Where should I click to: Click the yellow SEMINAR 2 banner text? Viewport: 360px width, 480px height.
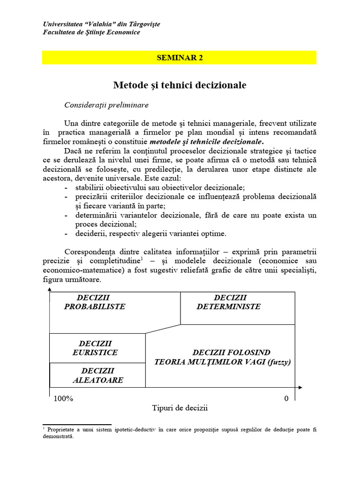[180, 58]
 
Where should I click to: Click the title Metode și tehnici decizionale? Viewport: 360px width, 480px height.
[180, 85]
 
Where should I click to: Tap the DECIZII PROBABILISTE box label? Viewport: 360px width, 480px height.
[95, 302]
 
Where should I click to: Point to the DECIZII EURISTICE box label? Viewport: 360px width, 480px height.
[95, 348]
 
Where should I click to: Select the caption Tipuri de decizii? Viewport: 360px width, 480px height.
[180, 408]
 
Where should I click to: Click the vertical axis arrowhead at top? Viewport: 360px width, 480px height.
[49, 292]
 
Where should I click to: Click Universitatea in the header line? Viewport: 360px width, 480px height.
[63, 24]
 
